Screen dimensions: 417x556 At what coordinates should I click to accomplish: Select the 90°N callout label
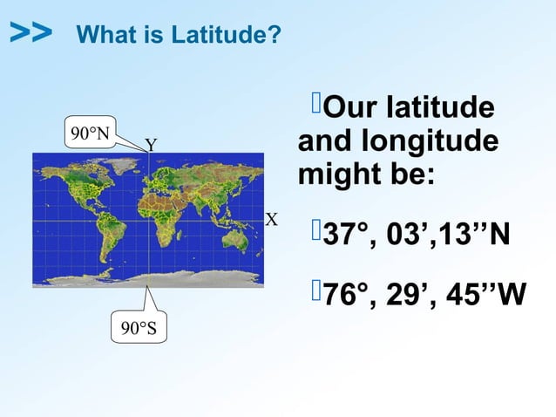[x=91, y=133]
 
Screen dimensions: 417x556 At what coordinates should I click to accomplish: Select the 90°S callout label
[x=139, y=328]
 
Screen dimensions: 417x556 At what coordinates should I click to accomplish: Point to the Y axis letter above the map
[x=151, y=144]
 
